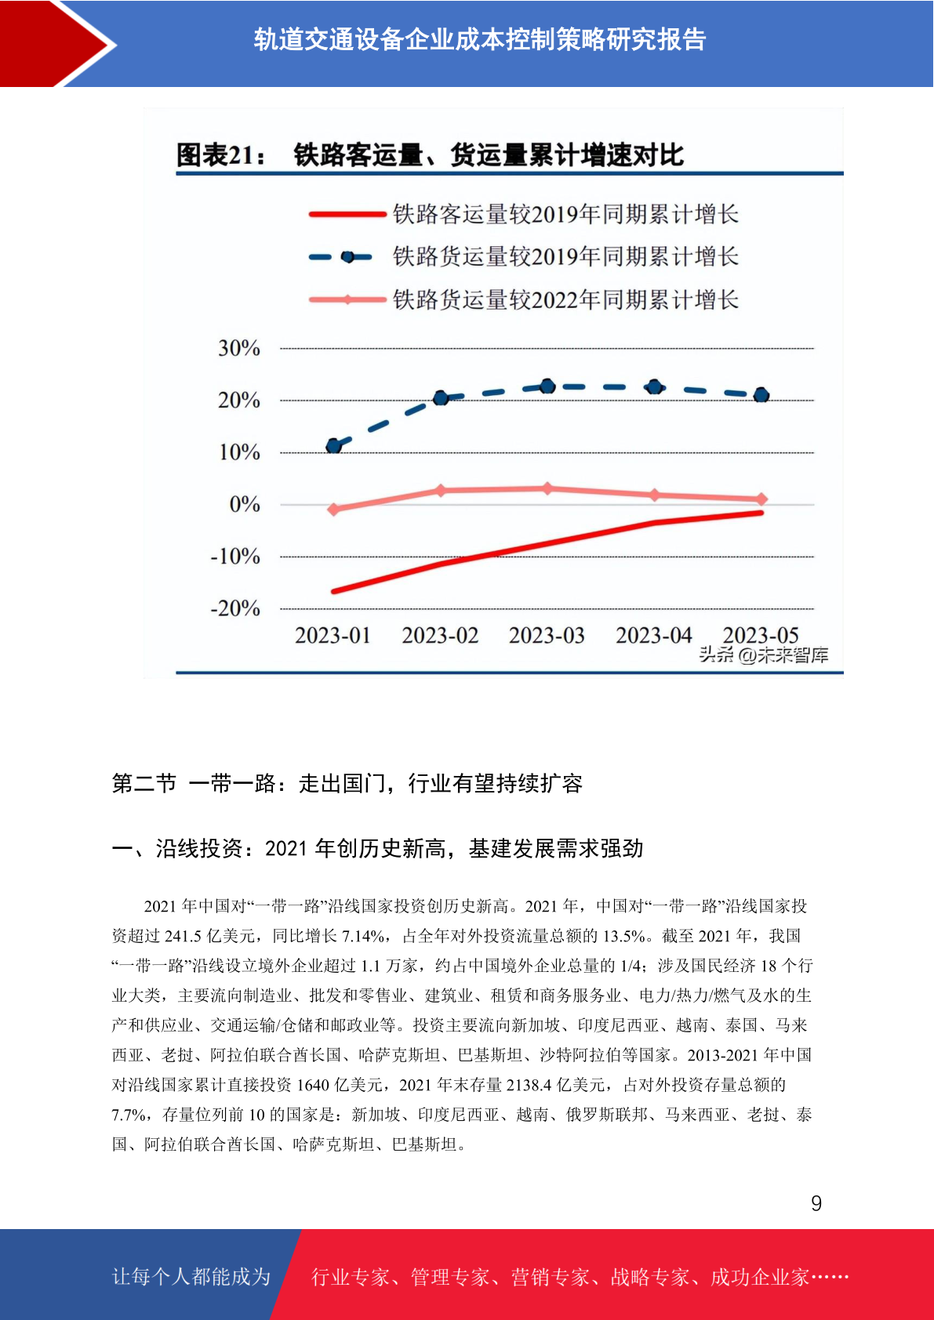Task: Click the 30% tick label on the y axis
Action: click(239, 348)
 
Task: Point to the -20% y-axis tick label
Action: click(235, 608)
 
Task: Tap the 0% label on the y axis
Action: click(245, 504)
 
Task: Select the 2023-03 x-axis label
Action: click(547, 635)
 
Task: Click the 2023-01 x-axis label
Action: click(333, 635)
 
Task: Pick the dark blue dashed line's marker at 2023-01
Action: click(334, 445)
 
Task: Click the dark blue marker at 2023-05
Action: click(761, 395)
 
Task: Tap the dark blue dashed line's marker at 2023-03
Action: click(548, 386)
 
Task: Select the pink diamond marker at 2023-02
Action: click(441, 490)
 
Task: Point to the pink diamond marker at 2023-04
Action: click(655, 495)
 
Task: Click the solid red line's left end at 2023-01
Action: click(334, 591)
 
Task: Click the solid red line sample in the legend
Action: click(347, 215)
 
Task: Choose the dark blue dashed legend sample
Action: click(341, 257)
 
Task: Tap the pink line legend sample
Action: click(347, 299)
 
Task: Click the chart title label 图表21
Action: click(221, 155)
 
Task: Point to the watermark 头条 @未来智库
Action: click(764, 655)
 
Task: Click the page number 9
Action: click(816, 1203)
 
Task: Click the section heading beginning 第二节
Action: click(347, 783)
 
